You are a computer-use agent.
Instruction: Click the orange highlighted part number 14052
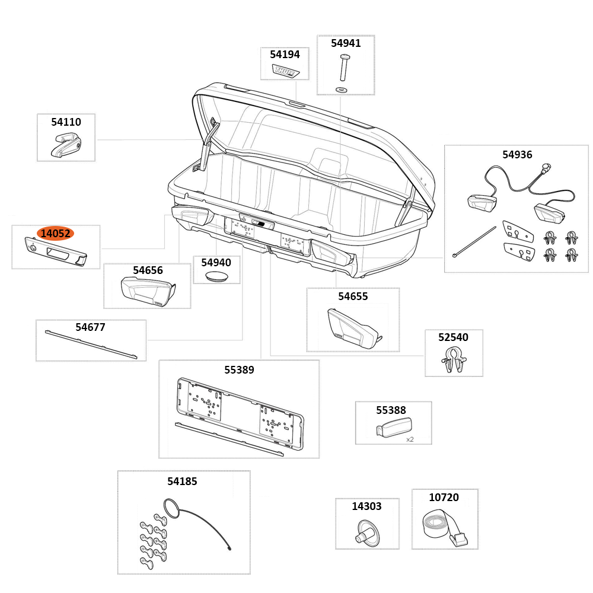(x=55, y=234)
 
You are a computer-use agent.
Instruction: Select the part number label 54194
(x=285, y=55)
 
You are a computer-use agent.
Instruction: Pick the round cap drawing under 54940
(x=216, y=276)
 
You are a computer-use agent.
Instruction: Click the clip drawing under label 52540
(x=454, y=360)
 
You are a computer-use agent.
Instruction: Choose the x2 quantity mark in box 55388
(x=410, y=439)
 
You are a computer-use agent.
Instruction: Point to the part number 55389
(x=239, y=370)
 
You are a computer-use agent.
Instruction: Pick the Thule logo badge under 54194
(x=285, y=71)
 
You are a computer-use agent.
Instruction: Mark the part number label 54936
(x=517, y=155)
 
